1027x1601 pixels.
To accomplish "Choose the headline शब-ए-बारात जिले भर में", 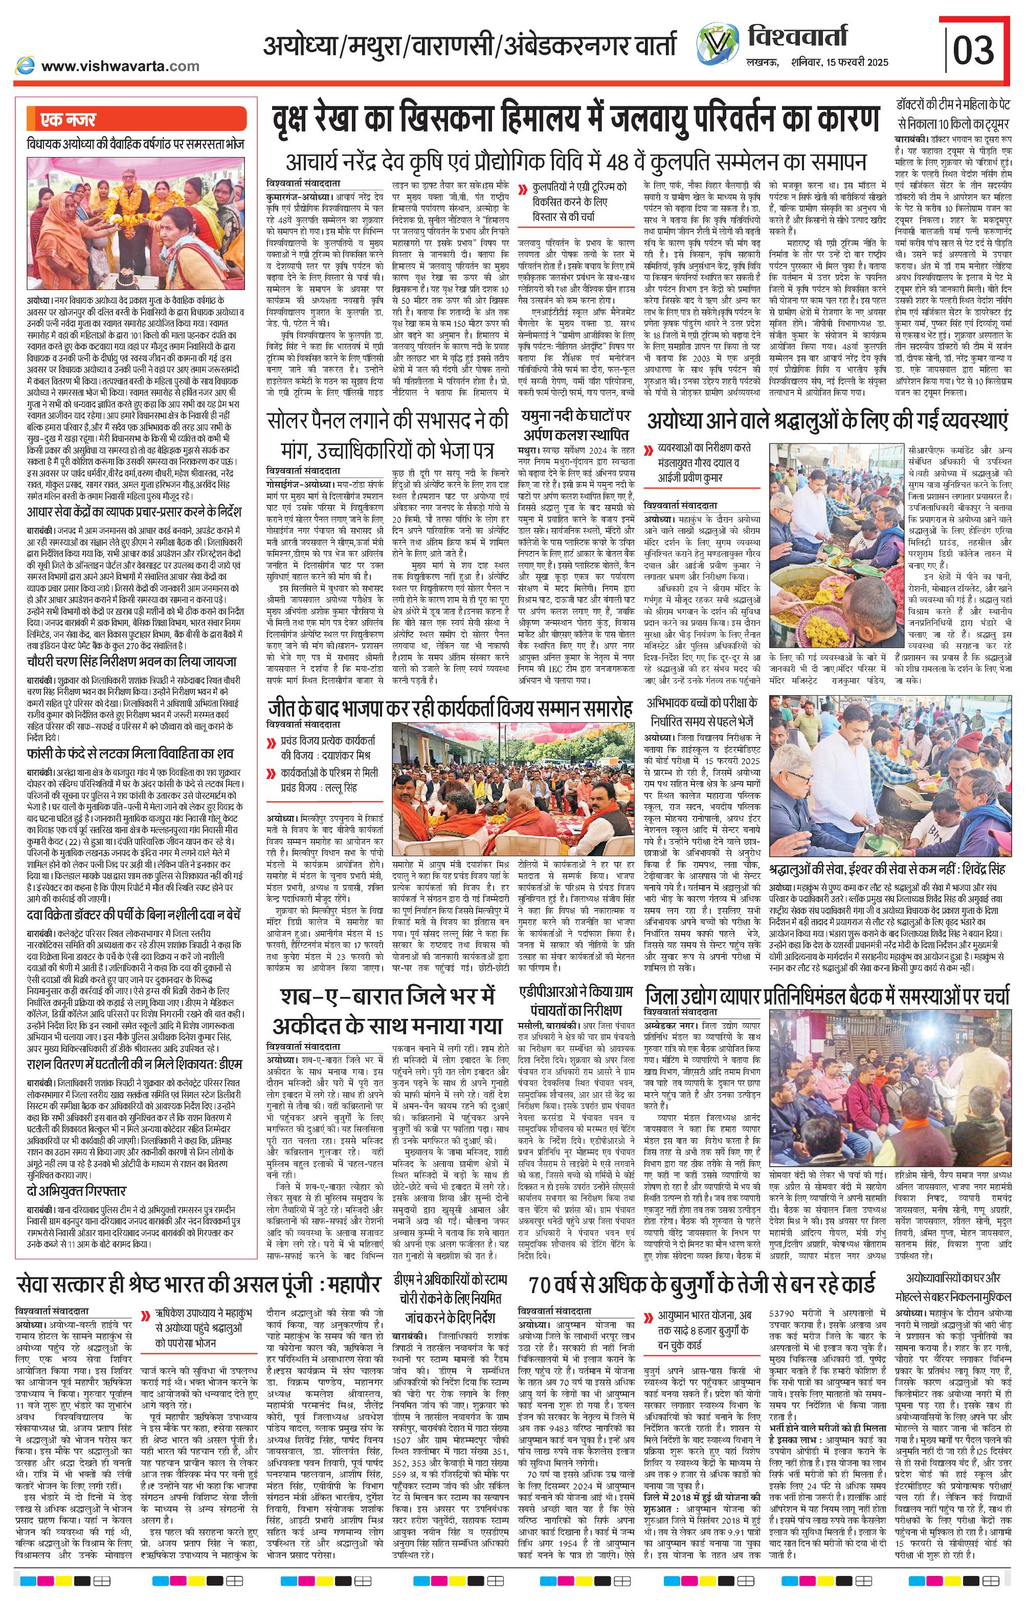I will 386,1012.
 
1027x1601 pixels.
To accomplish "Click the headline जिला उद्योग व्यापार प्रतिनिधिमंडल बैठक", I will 828,996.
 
